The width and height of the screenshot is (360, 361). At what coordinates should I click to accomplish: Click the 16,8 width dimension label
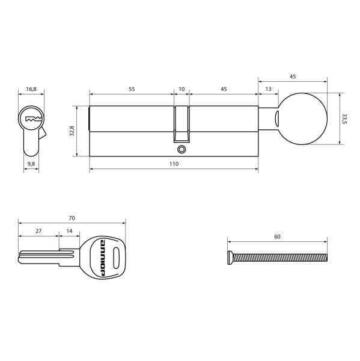(x=31, y=89)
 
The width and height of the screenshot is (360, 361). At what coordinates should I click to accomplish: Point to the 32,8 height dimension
(x=71, y=131)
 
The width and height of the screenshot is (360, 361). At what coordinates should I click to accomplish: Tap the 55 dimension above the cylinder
(x=131, y=89)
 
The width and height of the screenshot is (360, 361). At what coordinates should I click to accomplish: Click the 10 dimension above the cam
(x=182, y=89)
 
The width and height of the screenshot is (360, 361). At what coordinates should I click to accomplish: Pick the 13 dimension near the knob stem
(x=267, y=89)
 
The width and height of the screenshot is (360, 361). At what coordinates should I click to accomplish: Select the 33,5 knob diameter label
(x=344, y=119)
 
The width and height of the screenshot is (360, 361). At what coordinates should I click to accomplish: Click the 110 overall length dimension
(x=174, y=164)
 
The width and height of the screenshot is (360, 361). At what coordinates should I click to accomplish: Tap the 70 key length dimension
(x=72, y=217)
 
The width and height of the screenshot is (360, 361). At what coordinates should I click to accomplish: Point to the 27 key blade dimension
(x=38, y=230)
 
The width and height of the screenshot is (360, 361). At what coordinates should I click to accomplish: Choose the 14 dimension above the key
(x=69, y=230)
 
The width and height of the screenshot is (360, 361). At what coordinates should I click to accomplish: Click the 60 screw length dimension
(x=277, y=237)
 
